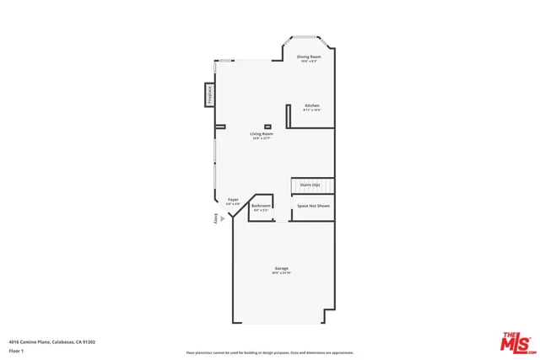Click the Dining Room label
click(x=309, y=56)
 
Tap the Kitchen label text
click(x=312, y=105)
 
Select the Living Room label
click(x=261, y=134)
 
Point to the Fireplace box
click(x=208, y=95)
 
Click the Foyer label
click(x=233, y=200)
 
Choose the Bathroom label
click(x=262, y=206)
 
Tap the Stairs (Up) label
click(x=310, y=185)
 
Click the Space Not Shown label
click(x=312, y=206)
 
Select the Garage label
click(x=281, y=268)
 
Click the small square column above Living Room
click(x=267, y=126)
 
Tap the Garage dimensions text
click(x=281, y=273)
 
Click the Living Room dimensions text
click(x=261, y=138)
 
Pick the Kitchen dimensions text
click(x=312, y=110)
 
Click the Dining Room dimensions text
click(x=309, y=62)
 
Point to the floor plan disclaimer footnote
click(x=270, y=352)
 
